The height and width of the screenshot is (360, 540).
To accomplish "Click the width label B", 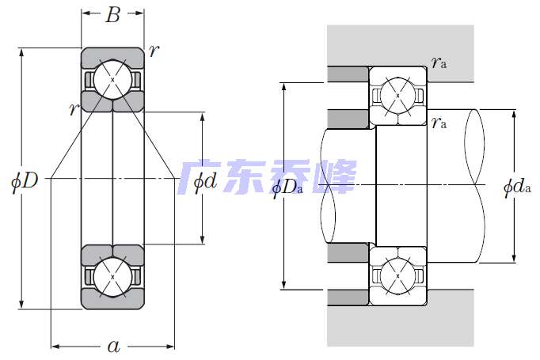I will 112,14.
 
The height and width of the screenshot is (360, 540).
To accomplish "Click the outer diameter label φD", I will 25,180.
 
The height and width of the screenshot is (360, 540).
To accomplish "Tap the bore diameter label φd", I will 204,181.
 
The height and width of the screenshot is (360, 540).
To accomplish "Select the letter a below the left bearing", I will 113,345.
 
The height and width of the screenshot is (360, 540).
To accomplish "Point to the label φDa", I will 287,188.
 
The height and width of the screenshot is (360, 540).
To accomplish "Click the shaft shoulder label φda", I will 516,188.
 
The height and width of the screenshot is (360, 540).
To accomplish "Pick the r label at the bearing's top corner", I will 153,51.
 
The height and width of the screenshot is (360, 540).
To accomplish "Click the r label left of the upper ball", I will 73,109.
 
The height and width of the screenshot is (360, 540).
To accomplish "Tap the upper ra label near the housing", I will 439,63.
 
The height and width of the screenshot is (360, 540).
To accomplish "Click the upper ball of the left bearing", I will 112,79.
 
